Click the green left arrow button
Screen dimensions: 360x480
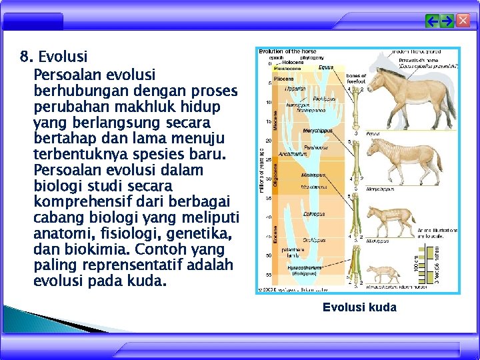[x=433, y=21]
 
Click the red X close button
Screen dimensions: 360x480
[x=462, y=21]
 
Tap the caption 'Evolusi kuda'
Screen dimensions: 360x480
[x=359, y=307]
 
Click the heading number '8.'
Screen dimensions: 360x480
[x=27, y=56]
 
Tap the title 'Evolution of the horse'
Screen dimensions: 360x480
[x=287, y=51]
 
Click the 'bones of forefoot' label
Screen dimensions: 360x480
[x=356, y=79]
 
